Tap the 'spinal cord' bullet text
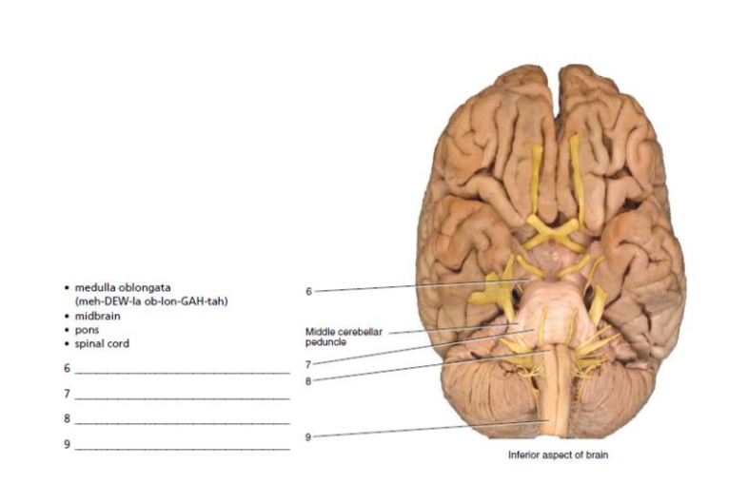(102, 344)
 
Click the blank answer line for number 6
(181, 372)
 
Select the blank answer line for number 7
(181, 397)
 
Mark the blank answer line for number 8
(181, 422)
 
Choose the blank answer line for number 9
(181, 448)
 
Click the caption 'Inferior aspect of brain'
(557, 455)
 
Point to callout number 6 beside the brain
(308, 291)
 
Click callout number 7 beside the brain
(308, 363)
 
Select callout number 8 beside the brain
(308, 380)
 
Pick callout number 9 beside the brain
(308, 437)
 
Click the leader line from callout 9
(428, 430)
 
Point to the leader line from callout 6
(419, 286)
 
